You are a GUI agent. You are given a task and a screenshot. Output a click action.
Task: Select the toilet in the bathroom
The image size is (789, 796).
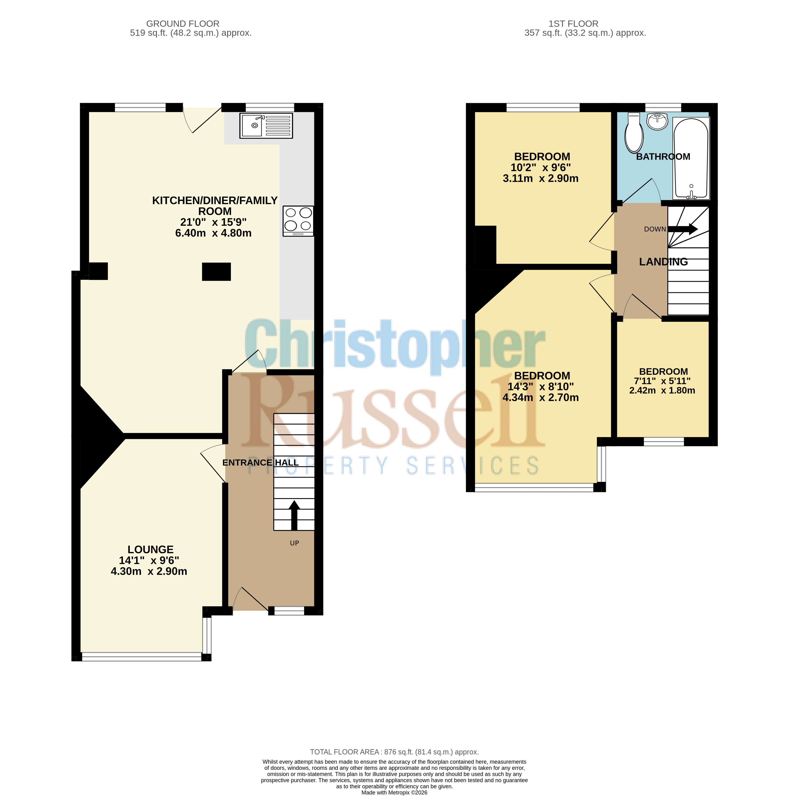pos(634,133)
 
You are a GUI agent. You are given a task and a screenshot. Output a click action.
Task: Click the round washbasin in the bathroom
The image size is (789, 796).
pos(658,121)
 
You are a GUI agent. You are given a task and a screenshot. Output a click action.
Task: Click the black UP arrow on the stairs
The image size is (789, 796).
pos(294,515)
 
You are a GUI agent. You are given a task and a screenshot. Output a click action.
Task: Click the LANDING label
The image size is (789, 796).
pos(663,262)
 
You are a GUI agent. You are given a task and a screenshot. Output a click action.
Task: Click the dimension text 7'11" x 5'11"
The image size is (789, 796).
pos(662,381)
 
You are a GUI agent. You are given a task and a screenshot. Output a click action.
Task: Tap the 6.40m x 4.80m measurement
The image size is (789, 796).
pos(213,233)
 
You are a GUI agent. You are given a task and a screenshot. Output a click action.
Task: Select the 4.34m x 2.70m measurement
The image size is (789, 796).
pos(540,397)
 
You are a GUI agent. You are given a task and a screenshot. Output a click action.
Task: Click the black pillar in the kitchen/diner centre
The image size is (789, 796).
pos(216,272)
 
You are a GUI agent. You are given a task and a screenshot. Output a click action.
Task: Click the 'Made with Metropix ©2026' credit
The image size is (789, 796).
pos(394,792)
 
